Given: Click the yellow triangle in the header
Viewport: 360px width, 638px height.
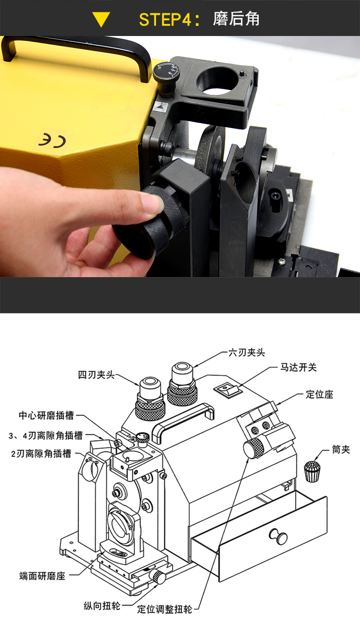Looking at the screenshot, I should [x=101, y=19].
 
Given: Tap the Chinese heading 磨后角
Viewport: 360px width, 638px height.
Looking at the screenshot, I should [x=236, y=19].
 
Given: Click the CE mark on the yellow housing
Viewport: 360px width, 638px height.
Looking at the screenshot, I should [x=53, y=140].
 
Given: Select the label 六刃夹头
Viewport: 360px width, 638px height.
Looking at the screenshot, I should [x=246, y=352].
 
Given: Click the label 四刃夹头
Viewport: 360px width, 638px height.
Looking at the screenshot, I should [x=96, y=375].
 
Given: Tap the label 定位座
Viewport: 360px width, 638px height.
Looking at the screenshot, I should [x=319, y=394].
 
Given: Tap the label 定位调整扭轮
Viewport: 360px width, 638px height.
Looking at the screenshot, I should [x=165, y=609].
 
